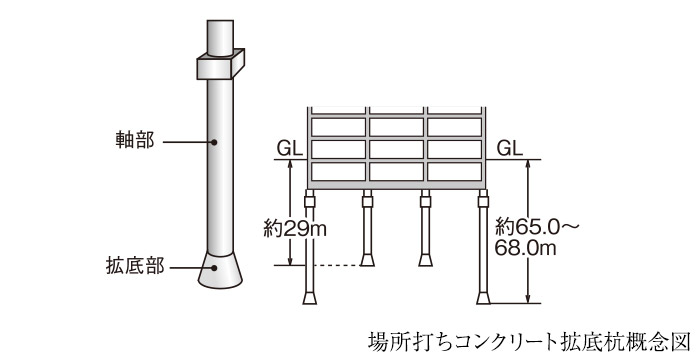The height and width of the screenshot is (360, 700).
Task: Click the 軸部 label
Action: pos(135,141)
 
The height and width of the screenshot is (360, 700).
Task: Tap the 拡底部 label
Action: pos(135,266)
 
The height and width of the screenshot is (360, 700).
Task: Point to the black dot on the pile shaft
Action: pos(214,142)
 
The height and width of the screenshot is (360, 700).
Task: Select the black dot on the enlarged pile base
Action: pos(214,268)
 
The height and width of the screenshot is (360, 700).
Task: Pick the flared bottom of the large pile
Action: pos(220,271)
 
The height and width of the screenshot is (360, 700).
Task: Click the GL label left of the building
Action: pos(290,148)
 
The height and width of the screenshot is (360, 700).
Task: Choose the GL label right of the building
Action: pos(509,148)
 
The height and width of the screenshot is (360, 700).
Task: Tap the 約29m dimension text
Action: pos(295,229)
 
